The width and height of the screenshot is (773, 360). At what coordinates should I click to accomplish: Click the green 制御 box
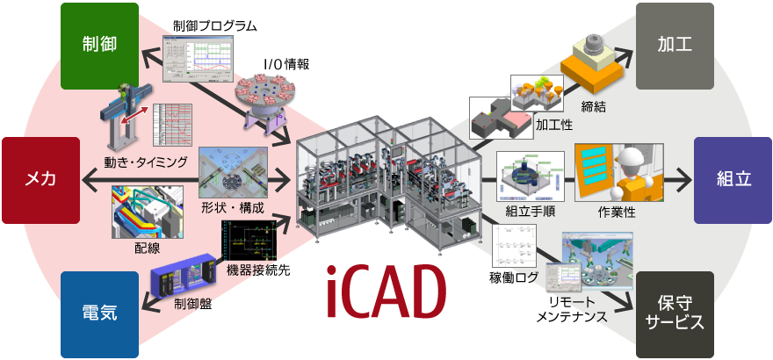(99, 45)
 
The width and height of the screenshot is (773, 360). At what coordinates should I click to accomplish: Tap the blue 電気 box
(99, 313)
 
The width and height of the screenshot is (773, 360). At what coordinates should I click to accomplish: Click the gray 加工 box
(674, 45)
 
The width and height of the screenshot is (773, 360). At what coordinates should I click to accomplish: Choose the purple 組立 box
(733, 179)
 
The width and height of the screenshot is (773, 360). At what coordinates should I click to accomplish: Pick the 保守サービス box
(674, 313)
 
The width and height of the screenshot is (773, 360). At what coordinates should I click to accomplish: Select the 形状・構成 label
(232, 208)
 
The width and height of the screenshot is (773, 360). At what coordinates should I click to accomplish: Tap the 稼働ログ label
(512, 278)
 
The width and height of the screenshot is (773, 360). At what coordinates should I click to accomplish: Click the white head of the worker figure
(630, 159)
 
